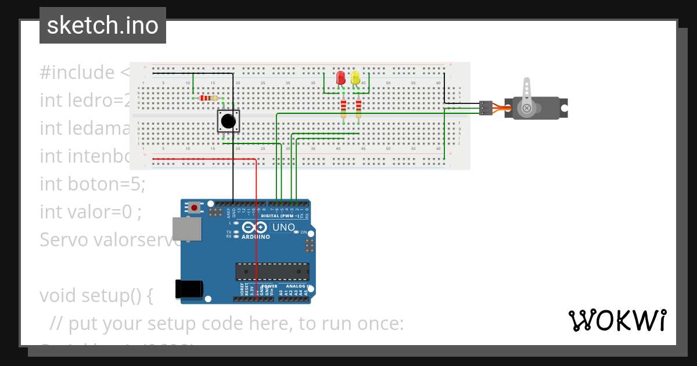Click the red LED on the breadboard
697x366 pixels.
coord(341,78)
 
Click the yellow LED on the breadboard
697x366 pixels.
coord(355,78)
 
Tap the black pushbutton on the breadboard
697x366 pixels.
coord(229,121)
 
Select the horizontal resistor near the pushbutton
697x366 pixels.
coord(206,98)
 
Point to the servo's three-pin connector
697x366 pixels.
coord(486,108)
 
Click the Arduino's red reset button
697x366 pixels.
coord(194,207)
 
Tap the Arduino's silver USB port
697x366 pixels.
coord(186,229)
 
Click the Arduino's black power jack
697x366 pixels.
coord(189,289)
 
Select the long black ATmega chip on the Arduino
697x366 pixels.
coord(272,271)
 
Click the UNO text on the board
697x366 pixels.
coord(284,227)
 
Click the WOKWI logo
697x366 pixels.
coord(617,321)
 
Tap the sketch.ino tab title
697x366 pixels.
coord(103,26)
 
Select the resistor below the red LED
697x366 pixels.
coord(343,107)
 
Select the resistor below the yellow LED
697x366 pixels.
coord(358,107)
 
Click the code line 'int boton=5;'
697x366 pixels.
coord(92,184)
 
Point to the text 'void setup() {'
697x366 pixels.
coord(96,296)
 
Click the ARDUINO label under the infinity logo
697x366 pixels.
coord(256,237)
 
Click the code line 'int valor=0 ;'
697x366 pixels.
coord(91,212)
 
